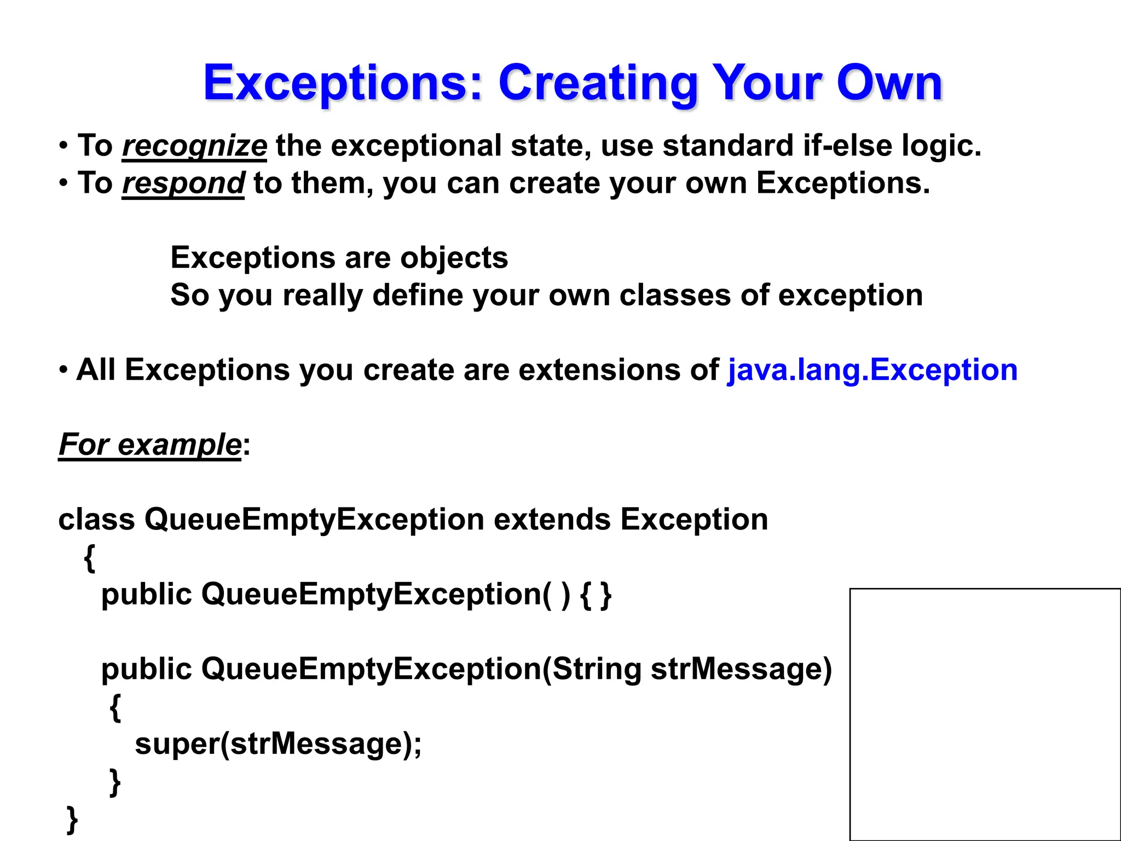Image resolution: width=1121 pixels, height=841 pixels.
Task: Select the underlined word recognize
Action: (194, 146)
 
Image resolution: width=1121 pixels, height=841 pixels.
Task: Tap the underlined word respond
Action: (183, 183)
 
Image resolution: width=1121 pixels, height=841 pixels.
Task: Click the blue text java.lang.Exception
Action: (872, 370)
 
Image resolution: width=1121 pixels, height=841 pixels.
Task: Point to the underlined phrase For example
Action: (149, 444)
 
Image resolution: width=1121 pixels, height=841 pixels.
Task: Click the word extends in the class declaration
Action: (552, 519)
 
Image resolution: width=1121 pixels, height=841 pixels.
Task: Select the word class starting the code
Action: (96, 519)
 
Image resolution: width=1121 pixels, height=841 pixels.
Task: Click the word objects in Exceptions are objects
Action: (454, 258)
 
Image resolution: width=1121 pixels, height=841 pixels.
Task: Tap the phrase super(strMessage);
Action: (278, 744)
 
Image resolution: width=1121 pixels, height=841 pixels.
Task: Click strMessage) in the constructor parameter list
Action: (741, 669)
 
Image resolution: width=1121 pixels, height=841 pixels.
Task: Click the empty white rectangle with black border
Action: (985, 714)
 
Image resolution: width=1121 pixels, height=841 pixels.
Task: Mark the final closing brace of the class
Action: (72, 819)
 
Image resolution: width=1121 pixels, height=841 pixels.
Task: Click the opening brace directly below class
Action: (90, 557)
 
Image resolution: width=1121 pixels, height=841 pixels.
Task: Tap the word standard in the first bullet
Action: (727, 146)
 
